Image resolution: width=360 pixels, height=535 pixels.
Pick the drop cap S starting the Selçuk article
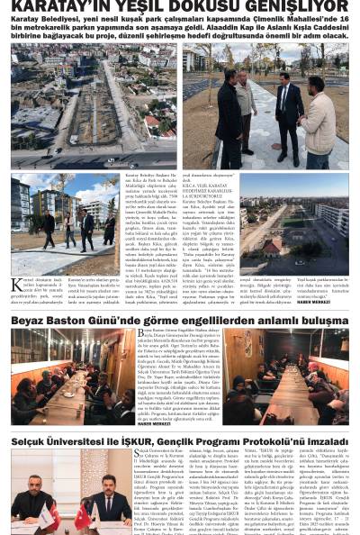pos(138,455)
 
